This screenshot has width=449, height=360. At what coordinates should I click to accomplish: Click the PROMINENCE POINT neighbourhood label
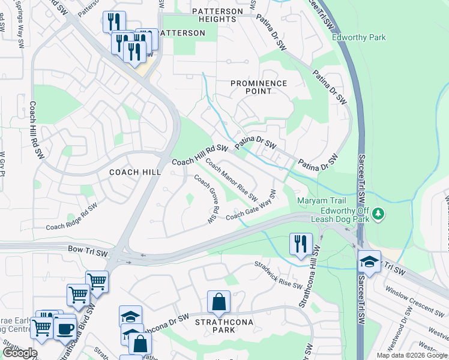[259, 87]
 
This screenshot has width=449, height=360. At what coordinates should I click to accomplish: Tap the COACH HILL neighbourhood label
[135, 172]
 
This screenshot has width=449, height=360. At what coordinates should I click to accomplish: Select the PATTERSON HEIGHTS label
[217, 15]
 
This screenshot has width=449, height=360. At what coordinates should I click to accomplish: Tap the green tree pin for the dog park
[378, 213]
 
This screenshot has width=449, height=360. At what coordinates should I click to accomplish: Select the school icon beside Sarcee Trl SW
[369, 261]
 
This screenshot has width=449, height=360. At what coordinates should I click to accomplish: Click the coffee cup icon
[64, 328]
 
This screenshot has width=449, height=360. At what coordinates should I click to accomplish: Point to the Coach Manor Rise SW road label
[232, 179]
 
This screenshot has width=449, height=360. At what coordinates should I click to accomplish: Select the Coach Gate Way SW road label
[251, 206]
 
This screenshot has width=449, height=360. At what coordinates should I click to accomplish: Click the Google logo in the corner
[20, 353]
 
